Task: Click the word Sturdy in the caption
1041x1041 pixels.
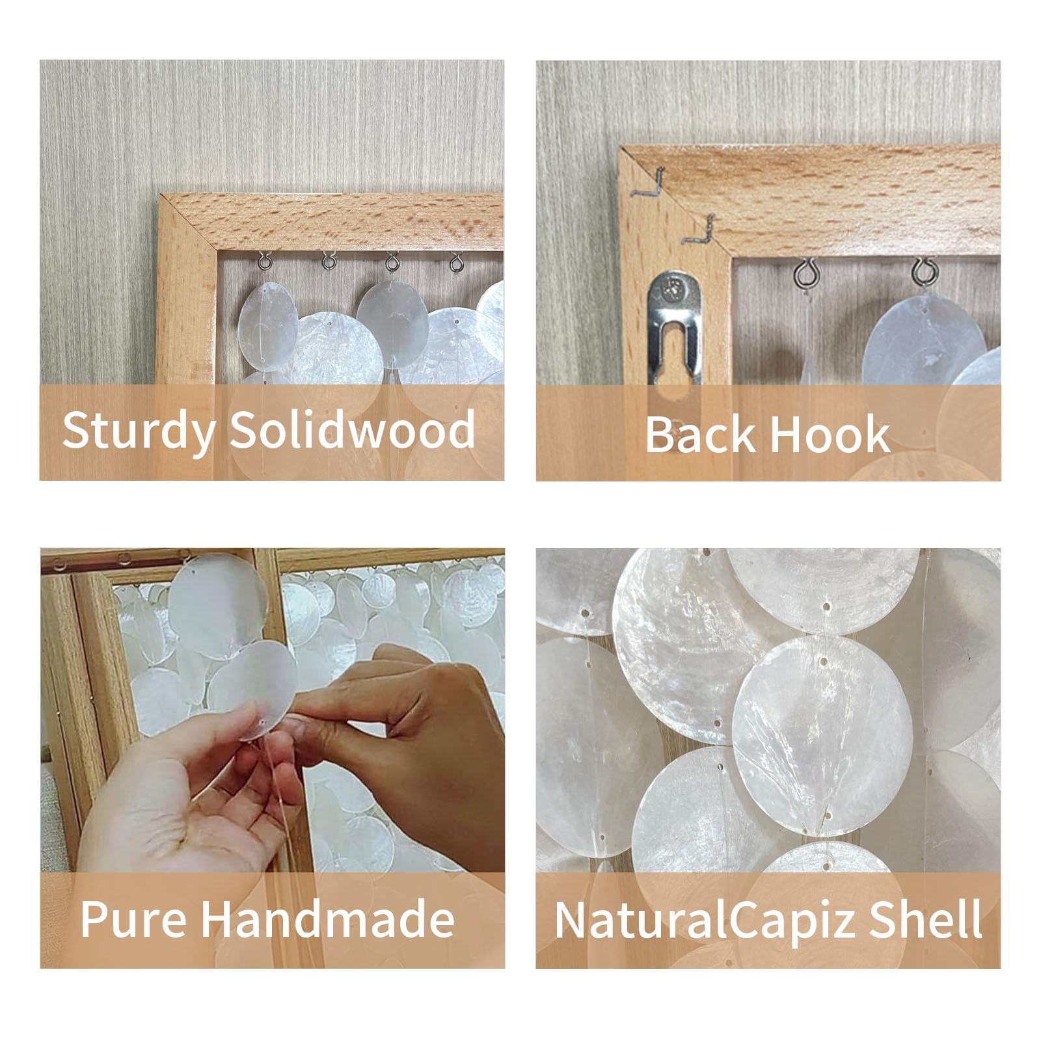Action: (137, 429)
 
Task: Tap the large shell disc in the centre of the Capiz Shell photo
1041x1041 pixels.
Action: (822, 730)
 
